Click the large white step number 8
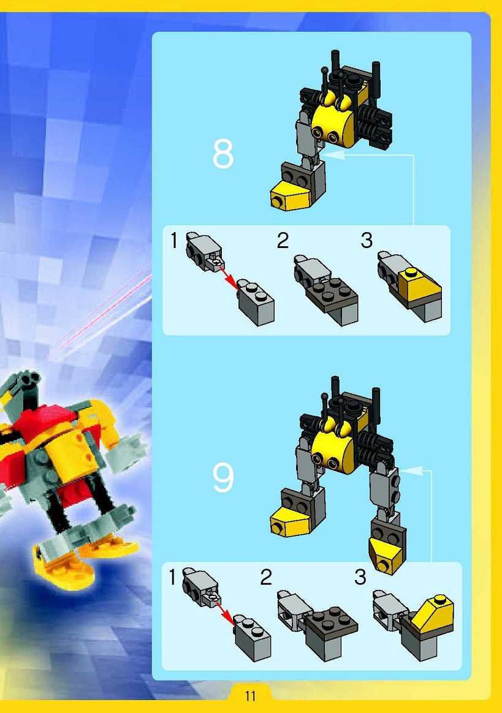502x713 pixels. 223,154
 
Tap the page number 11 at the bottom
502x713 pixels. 250,696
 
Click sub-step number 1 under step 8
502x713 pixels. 174,241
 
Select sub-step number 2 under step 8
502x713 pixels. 283,241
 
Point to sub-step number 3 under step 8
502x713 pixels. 367,241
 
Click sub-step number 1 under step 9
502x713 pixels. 172,578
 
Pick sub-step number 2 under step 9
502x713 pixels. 266,578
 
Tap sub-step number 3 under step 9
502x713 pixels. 360,578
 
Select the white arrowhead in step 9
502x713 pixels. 411,471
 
